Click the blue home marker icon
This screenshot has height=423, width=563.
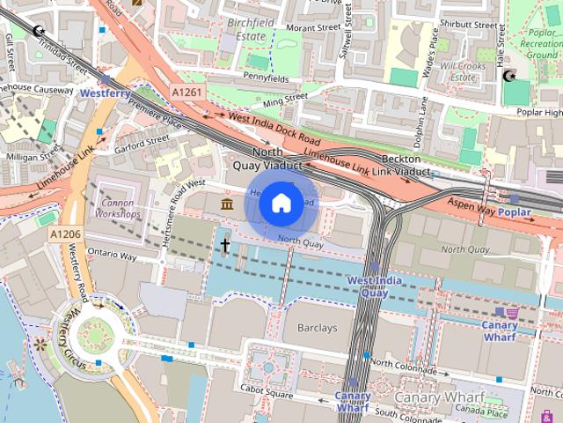click(280, 204)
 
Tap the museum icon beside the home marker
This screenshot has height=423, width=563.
click(228, 205)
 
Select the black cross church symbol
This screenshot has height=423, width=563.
click(225, 245)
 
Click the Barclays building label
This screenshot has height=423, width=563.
click(317, 328)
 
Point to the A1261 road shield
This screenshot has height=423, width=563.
click(186, 92)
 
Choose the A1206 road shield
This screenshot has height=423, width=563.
click(65, 234)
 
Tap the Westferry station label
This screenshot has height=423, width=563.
click(105, 92)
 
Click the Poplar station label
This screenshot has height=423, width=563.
click(515, 213)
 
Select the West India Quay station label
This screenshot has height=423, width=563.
click(374, 286)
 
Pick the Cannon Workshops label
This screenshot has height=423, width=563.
click(118, 208)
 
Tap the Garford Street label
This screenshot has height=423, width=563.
click(141, 140)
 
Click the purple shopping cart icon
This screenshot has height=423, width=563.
click(511, 312)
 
